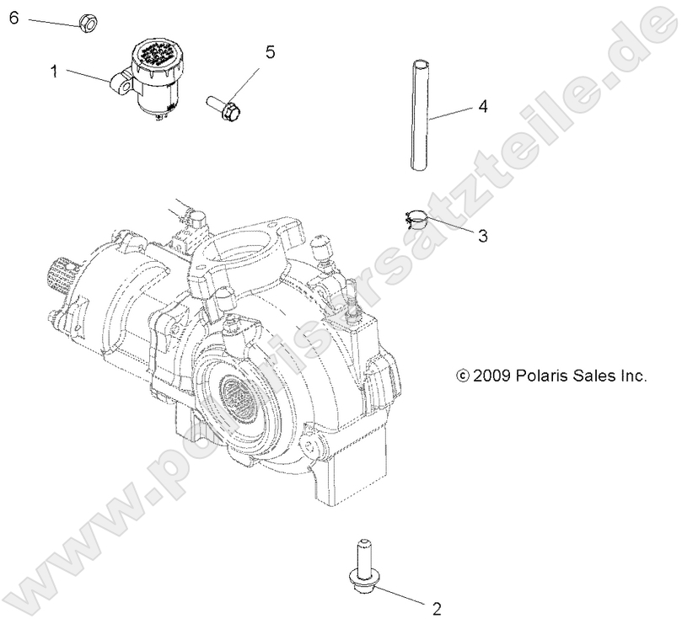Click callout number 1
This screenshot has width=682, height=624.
[x=54, y=72]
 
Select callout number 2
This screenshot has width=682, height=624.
[x=436, y=607]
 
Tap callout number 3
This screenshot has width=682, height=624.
[x=482, y=237]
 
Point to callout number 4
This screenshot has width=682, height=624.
[x=482, y=107]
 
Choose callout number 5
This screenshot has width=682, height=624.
[x=270, y=52]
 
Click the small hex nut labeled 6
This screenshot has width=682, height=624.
[x=87, y=22]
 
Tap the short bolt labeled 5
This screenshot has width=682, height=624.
[x=224, y=107]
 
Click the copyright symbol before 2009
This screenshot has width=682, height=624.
[x=461, y=376]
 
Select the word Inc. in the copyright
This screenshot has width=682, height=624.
[x=632, y=376]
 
